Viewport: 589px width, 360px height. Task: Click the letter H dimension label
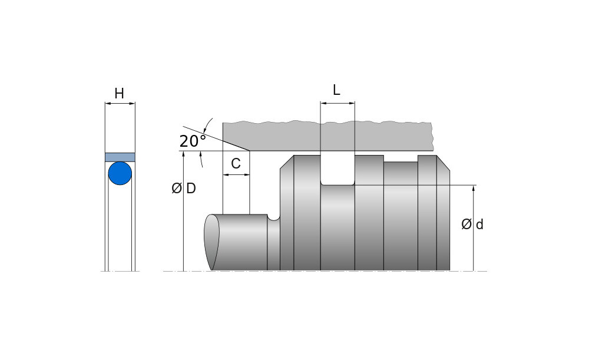pos(119,93)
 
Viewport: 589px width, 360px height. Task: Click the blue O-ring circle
pos(120,173)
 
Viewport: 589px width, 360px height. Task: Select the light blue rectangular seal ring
pos(120,157)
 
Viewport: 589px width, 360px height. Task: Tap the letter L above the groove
pos(336,90)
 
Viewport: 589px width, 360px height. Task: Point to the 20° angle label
pos(193,141)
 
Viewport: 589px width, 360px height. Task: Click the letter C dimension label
pos(236,163)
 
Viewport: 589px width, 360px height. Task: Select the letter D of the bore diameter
pos(191,189)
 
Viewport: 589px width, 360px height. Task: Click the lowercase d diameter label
pos(479,224)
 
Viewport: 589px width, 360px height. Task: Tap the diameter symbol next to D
pos(177,189)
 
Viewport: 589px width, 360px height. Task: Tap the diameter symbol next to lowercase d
pos(466,224)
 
